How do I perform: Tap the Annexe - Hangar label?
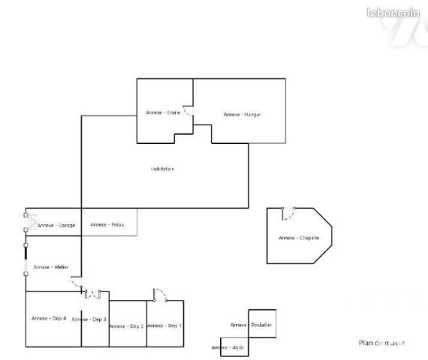click(x=241, y=114)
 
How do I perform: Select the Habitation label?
click(x=162, y=169)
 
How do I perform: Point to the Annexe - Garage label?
click(x=56, y=225)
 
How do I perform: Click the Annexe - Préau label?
click(x=107, y=224)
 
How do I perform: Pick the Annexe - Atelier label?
click(x=51, y=266)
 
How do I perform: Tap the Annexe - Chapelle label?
click(x=299, y=238)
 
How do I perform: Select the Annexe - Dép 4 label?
click(x=49, y=319)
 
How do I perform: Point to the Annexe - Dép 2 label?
click(x=126, y=326)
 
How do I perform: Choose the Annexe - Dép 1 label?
click(x=164, y=325)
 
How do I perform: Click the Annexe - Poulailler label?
click(x=251, y=324)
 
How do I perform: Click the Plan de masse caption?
click(x=381, y=343)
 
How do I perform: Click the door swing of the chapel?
click(x=288, y=214)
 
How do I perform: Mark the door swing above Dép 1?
click(x=158, y=293)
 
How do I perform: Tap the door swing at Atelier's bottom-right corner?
click(x=77, y=283)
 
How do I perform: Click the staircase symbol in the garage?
click(x=30, y=221)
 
